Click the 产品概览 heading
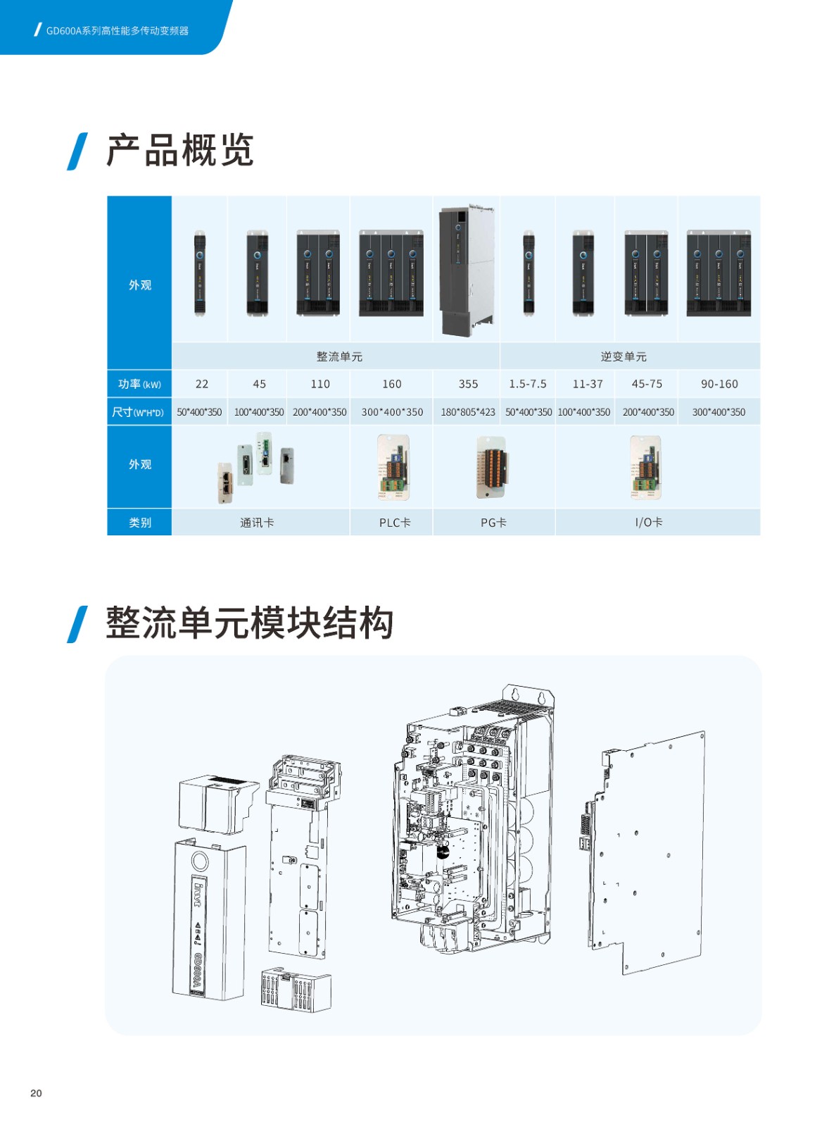(179, 150)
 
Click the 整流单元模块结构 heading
(249, 623)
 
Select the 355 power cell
(468, 384)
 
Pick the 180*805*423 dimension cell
(467, 412)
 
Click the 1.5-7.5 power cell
(527, 384)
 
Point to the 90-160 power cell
(719, 384)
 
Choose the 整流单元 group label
(339, 356)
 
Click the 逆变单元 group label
(624, 356)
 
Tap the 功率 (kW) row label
(139, 384)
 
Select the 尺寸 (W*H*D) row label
(138, 412)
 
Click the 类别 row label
(140, 522)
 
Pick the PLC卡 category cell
(395, 523)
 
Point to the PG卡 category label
(493, 523)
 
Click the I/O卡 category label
(649, 522)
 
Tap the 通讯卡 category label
(257, 523)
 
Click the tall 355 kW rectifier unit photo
(467, 270)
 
